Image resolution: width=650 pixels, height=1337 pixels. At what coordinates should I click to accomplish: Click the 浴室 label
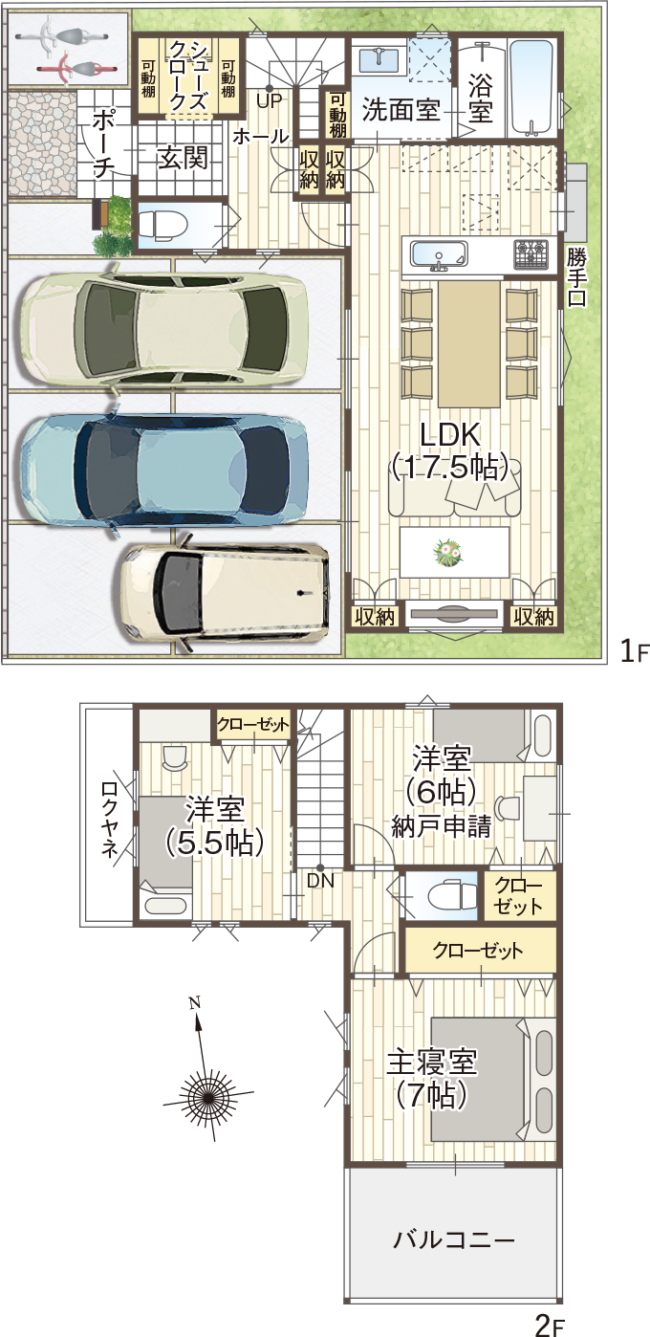[x=481, y=97]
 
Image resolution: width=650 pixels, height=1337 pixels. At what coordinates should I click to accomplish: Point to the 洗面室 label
[x=401, y=111]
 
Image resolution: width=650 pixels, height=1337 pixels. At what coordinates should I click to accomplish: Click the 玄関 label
[x=183, y=158]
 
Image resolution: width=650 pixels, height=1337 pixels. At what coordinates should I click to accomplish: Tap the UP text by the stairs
[x=269, y=99]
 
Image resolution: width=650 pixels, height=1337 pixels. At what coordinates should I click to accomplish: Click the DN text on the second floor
[x=321, y=880]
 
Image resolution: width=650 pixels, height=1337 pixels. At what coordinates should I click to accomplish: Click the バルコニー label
[x=454, y=1240]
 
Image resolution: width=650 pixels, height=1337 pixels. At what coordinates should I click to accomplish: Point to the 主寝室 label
[x=432, y=1062]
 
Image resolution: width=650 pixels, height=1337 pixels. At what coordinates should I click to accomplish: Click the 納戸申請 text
[x=441, y=827]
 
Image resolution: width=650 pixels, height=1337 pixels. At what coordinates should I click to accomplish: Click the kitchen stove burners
[x=531, y=253]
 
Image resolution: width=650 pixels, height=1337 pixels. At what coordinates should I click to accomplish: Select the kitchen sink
[x=439, y=254]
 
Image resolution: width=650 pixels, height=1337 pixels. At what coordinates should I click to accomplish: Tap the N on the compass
[x=195, y=1002]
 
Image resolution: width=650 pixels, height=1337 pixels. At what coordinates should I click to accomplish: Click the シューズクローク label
[x=188, y=74]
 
